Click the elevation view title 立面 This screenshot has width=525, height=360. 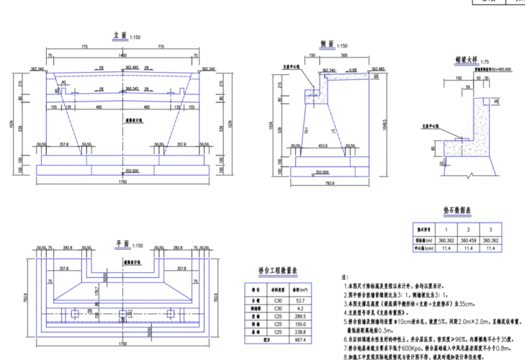tap(120, 35)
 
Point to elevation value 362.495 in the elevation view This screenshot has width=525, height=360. tap(131, 67)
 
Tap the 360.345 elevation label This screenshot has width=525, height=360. tap(131, 89)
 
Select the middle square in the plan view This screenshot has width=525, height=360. tap(122, 314)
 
